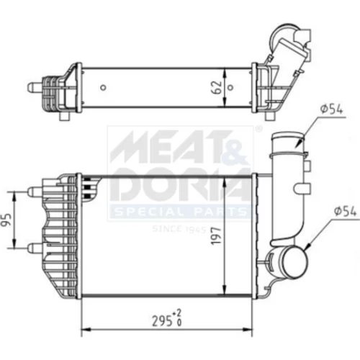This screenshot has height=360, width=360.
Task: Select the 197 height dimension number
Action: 216,236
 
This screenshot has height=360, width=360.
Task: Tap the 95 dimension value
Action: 6,220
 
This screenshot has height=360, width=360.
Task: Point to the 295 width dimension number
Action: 162,320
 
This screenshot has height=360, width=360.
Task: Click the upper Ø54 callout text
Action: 331,109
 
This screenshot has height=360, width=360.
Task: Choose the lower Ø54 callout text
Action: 345,212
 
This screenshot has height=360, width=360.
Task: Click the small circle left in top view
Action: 103,87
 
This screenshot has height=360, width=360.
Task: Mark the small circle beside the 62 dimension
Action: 230,87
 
